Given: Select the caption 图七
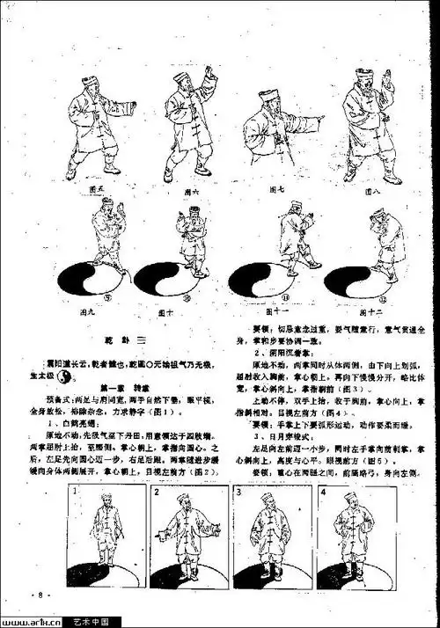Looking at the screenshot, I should (x=275, y=189).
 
